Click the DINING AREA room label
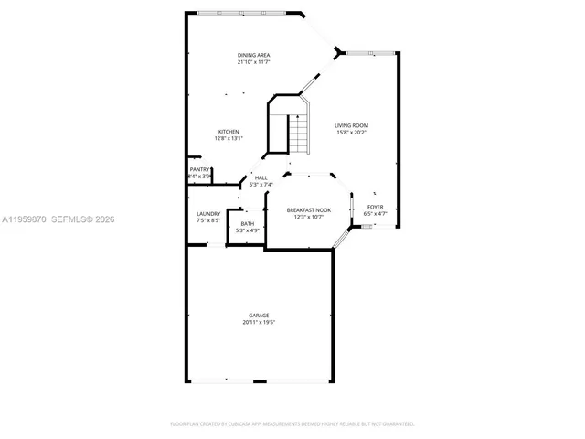point(253,55)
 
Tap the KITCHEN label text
point(228,131)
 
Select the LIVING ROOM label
point(351,124)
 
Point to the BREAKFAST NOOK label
point(307,209)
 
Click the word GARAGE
point(259,316)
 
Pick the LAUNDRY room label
point(207,214)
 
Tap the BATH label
point(248,224)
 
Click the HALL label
point(261,177)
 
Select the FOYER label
point(375,207)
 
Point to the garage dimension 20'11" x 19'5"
point(259,323)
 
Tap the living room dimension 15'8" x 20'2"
point(351,132)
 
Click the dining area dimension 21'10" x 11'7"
point(253,62)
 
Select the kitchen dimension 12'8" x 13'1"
point(228,138)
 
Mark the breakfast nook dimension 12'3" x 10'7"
point(307,217)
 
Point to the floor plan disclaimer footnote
point(292,424)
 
